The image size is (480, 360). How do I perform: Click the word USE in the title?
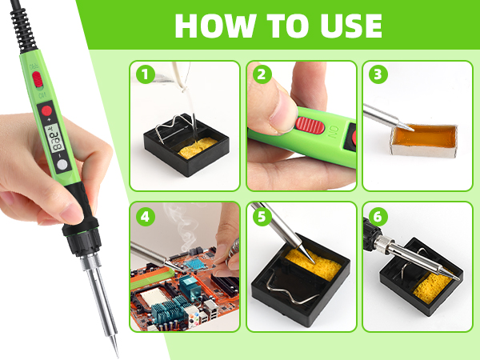(x=344, y=26)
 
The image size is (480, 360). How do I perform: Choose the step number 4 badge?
(x=145, y=217)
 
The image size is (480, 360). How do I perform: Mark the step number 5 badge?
(x=262, y=217)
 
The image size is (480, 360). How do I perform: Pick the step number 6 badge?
(x=378, y=217)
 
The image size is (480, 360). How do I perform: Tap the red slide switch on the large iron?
(x=37, y=81)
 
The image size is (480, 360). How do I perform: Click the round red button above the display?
(x=47, y=110)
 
